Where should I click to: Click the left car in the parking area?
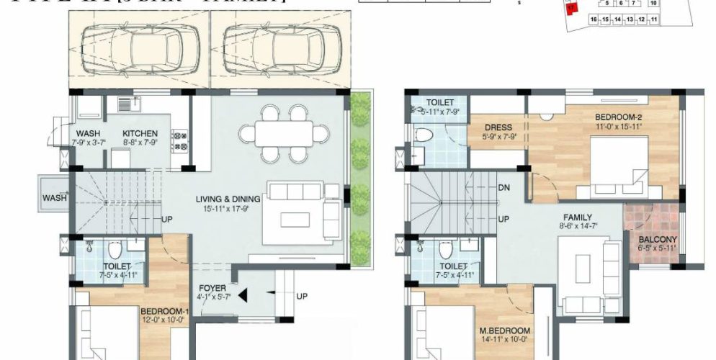tap(140, 49)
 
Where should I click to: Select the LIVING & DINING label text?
tap(228, 199)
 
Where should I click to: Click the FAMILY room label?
tap(577, 217)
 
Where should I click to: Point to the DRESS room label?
tap(498, 127)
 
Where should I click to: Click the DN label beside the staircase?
tap(504, 187)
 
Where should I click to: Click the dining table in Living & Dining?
tap(277, 133)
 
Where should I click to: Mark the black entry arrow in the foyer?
tap(243, 294)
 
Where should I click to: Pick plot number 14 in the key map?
tap(617, 19)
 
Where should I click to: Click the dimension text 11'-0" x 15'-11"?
tap(619, 126)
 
